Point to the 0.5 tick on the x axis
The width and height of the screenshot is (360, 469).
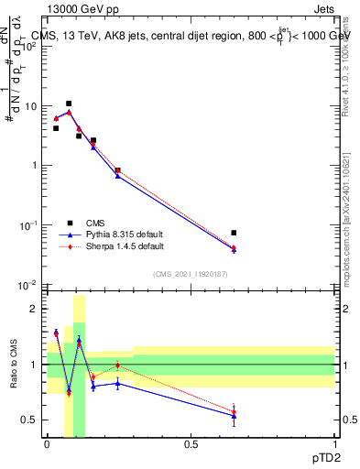coord(191,443)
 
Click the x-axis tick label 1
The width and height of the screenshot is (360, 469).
coord(334,443)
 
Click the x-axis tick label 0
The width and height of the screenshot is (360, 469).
coord(47,443)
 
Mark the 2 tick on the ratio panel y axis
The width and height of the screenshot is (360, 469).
coord(33,310)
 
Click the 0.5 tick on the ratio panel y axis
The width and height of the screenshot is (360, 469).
coord(30,420)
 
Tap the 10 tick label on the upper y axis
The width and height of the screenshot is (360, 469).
coord(30,106)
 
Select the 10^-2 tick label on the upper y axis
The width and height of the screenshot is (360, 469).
coord(28,285)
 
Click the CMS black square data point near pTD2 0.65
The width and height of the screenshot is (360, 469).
coord(234,233)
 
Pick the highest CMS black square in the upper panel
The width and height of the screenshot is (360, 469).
coord(69,104)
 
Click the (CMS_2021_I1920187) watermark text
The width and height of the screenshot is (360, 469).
coord(191,274)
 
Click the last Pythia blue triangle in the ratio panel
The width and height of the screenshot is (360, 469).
coord(234,416)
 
